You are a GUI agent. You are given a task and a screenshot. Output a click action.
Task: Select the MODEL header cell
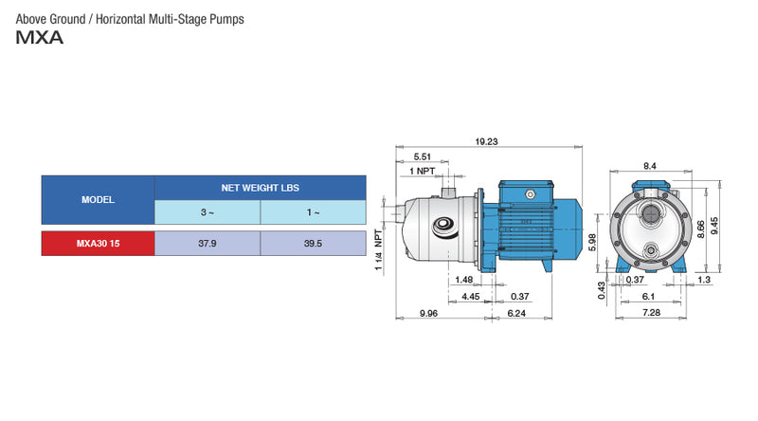[x=98, y=200]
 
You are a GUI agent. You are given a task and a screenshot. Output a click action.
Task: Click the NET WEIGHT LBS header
[x=260, y=188]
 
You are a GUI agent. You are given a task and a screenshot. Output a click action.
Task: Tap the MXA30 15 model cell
[x=98, y=244]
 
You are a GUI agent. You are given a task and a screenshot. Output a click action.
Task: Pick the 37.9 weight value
[x=207, y=244]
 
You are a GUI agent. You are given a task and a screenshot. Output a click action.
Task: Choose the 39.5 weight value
[x=313, y=244]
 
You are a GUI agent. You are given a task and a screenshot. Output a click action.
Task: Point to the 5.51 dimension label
[x=422, y=156]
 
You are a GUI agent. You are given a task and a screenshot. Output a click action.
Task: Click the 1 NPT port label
[x=423, y=171]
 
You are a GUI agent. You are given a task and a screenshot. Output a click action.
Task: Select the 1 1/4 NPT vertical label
[x=378, y=250]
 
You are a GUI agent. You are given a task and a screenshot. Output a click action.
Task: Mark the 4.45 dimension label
[x=470, y=296]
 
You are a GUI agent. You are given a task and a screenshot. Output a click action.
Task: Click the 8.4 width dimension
[x=650, y=166]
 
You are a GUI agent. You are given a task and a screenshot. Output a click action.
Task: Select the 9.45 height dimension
[x=740, y=225]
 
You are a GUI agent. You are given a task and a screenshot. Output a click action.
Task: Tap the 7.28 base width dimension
[x=651, y=313]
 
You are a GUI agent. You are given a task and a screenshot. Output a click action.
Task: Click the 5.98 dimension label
[x=592, y=243]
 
